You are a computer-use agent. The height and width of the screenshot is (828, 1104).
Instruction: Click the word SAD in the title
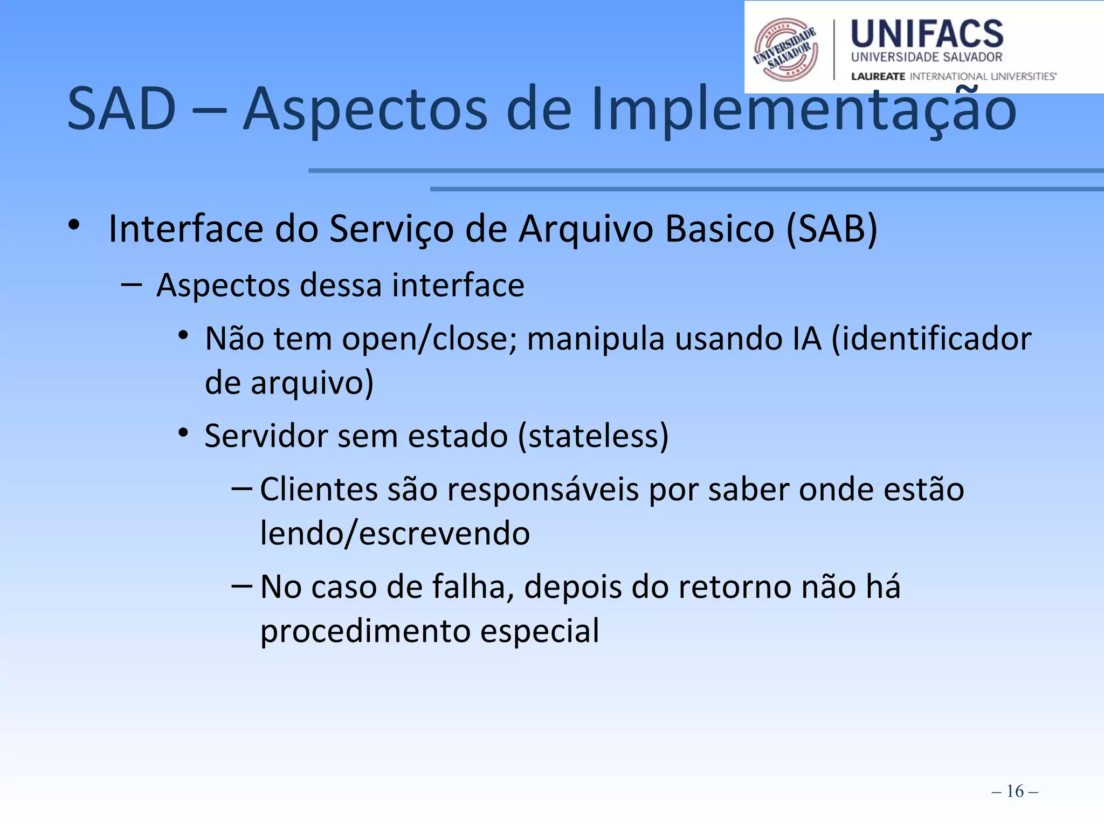[x=122, y=109]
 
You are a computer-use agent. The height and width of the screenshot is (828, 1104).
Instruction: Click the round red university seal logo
[x=785, y=50]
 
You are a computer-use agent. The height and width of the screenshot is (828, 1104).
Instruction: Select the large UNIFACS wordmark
[x=927, y=34]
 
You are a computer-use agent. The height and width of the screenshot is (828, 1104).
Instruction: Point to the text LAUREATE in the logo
[x=878, y=77]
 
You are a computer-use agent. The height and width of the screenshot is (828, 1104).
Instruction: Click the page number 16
[x=1015, y=791]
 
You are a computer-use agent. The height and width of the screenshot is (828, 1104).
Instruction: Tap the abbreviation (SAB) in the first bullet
[x=832, y=229]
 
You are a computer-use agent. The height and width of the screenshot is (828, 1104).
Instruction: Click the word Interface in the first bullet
[x=186, y=229]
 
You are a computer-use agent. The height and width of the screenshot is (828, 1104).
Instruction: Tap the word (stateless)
[x=593, y=436]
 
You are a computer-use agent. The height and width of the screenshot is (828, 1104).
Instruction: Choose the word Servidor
[x=266, y=436]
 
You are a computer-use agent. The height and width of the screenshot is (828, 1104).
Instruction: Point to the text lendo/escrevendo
[x=395, y=534]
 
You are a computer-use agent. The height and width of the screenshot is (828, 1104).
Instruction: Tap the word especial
[x=540, y=631]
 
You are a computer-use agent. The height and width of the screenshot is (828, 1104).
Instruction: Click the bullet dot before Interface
[x=74, y=225]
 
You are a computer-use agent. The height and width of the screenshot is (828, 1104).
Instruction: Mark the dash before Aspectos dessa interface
[x=132, y=283]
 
